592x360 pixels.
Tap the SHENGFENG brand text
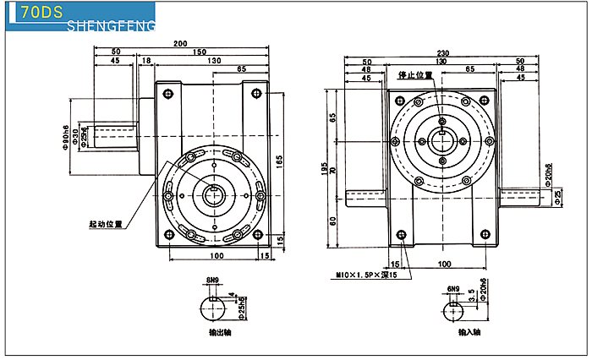(x=110, y=28)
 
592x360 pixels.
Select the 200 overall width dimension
(x=180, y=43)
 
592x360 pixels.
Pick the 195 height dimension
(x=325, y=167)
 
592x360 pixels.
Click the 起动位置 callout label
(x=106, y=226)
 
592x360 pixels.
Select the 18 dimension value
(x=146, y=61)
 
